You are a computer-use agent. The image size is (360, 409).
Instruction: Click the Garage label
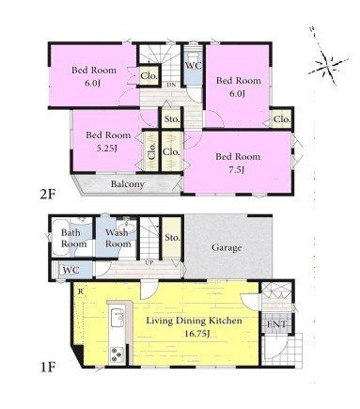(227, 248)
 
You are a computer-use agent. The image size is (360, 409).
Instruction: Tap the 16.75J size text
(196, 334)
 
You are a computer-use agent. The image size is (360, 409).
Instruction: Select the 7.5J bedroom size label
(237, 170)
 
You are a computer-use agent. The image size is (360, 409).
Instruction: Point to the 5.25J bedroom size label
(107, 149)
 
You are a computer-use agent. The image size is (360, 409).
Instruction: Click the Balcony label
(128, 184)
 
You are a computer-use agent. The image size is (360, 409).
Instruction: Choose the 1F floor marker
(48, 367)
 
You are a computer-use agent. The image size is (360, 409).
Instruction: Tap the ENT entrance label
(276, 324)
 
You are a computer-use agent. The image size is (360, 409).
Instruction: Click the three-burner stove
(117, 355)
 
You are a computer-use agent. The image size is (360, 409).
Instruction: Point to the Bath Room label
(73, 238)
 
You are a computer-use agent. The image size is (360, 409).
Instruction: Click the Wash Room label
(117, 238)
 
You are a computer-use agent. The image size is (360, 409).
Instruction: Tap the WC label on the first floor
(70, 270)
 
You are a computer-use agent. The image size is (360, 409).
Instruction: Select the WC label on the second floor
(194, 66)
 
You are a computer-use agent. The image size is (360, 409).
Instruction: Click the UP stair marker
(149, 262)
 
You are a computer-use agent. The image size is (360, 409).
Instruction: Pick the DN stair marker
(171, 85)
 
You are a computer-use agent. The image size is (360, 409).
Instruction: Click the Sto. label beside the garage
(172, 238)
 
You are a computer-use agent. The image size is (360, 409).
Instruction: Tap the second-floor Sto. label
(172, 119)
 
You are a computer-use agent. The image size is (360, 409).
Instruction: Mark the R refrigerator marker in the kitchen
(81, 291)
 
